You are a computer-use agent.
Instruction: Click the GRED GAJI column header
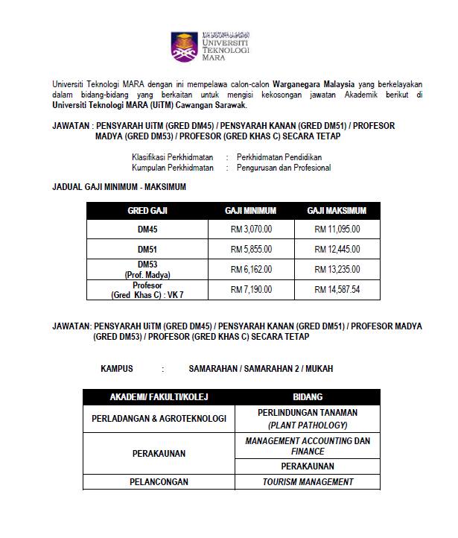[147, 211]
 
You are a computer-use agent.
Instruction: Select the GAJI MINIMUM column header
[250, 211]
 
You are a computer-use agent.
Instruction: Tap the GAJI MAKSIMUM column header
[337, 211]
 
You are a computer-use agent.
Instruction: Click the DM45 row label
[147, 230]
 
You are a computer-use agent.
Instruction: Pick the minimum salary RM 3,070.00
[251, 230]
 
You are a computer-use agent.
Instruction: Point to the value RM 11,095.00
[337, 230]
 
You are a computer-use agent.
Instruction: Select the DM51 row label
[147, 249]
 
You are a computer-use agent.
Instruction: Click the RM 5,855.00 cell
[251, 249]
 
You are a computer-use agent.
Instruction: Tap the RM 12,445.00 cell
[337, 249]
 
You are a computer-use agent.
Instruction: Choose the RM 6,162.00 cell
[251, 269]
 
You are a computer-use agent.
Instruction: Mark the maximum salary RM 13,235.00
[337, 269]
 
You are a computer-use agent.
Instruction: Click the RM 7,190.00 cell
[251, 289]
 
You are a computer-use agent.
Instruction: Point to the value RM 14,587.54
[337, 289]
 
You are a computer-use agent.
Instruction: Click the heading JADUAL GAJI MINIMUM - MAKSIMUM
[119, 186]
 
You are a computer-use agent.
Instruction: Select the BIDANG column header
[308, 397]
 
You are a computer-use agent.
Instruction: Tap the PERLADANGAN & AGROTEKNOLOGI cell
[159, 418]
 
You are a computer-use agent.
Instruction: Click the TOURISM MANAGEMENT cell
[308, 482]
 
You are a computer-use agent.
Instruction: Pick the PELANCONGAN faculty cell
[159, 482]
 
